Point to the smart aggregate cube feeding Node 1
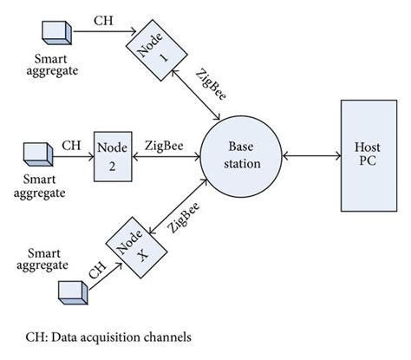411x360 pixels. pos(57,31)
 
